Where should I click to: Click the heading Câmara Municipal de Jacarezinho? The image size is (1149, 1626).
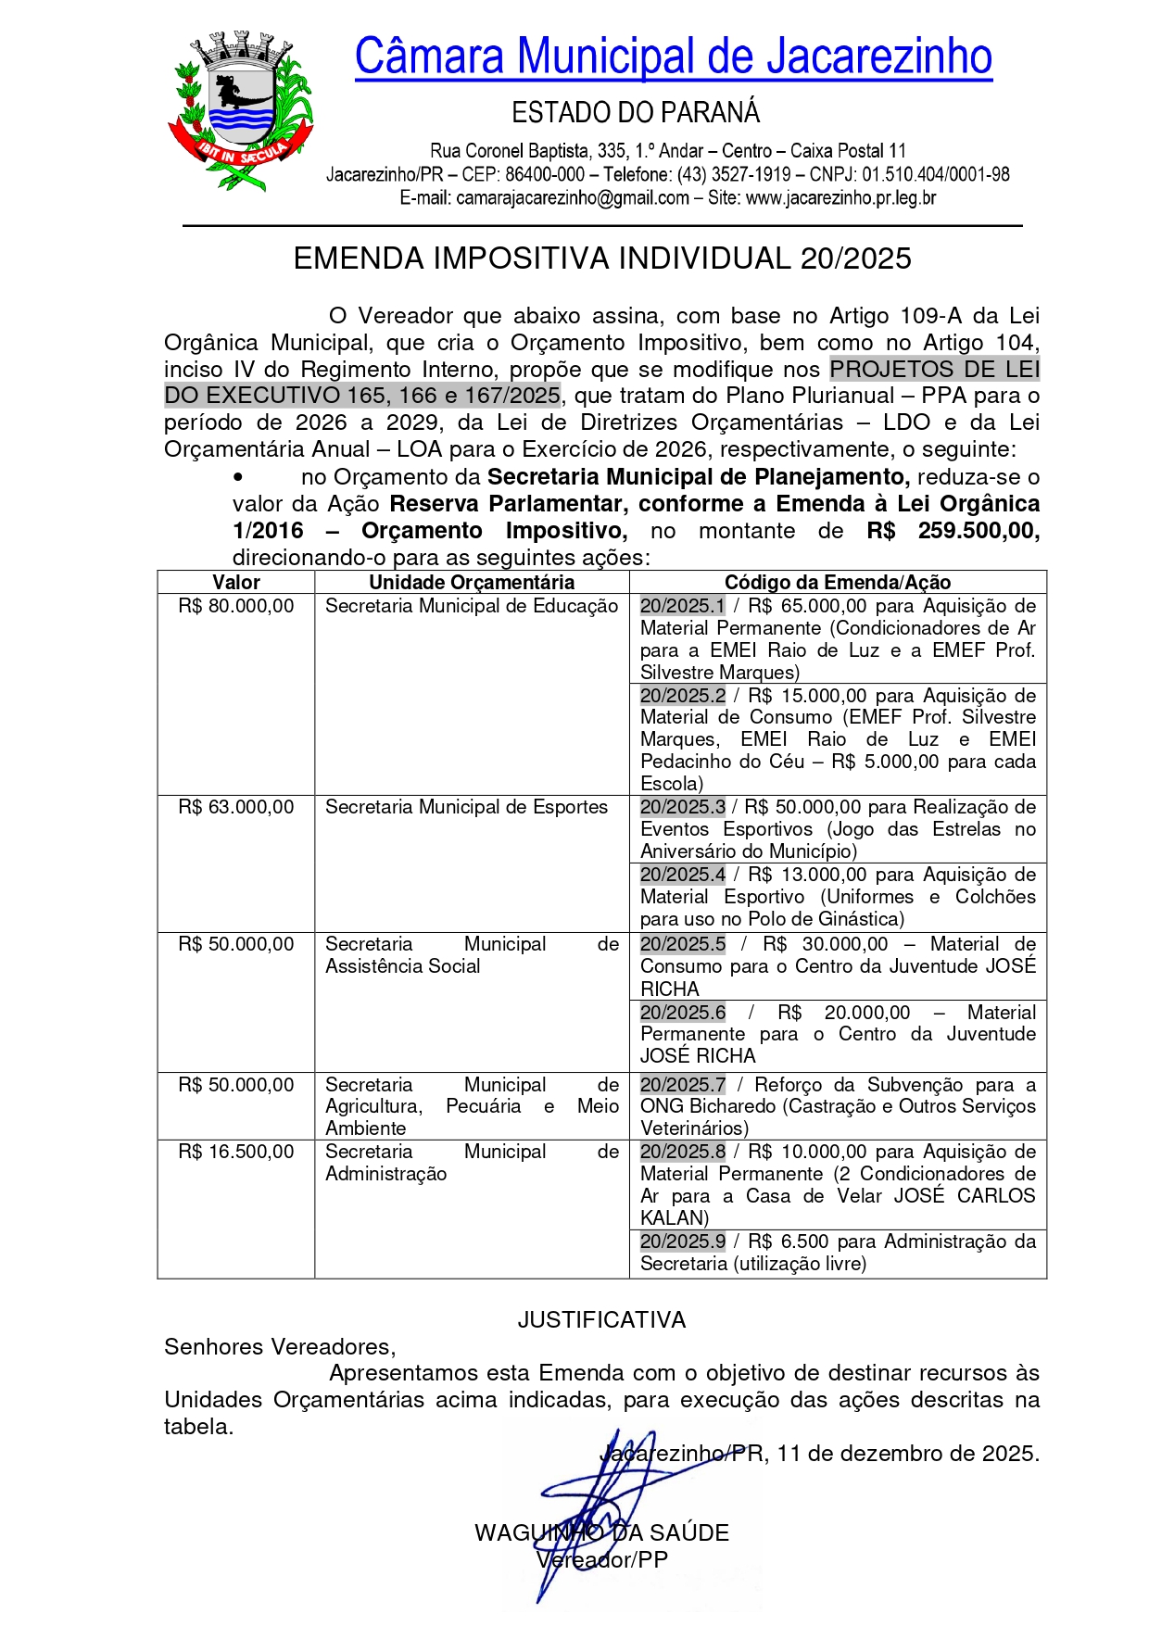coord(673,57)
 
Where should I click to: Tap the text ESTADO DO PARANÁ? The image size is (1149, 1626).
coord(636,113)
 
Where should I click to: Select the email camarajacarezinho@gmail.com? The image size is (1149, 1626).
coord(573,197)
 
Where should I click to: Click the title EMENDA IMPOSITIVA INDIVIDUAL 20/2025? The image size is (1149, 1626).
coord(602,258)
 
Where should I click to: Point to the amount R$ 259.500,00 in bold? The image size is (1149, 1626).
coord(953,531)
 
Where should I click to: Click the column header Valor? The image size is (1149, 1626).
coord(236,582)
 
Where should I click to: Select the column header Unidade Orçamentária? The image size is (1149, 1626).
coord(472,582)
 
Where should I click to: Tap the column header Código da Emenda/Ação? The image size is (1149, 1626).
coord(838,582)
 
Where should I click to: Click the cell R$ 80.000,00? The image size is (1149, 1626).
coord(236,606)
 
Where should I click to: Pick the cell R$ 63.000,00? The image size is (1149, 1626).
coord(236,807)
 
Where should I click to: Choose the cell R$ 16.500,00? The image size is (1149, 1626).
coord(236,1152)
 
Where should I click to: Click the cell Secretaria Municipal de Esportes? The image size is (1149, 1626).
coord(466,807)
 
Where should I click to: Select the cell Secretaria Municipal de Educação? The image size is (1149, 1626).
coord(472,606)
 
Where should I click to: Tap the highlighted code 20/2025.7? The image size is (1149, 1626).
coord(683,1085)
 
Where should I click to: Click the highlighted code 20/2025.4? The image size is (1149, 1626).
coord(683,875)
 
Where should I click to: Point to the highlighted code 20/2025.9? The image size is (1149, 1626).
coord(683,1242)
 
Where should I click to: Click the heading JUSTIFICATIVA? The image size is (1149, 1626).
coord(601,1320)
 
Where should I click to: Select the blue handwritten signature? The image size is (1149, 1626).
coord(593,1501)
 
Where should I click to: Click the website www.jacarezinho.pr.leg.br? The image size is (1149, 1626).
coord(840,197)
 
